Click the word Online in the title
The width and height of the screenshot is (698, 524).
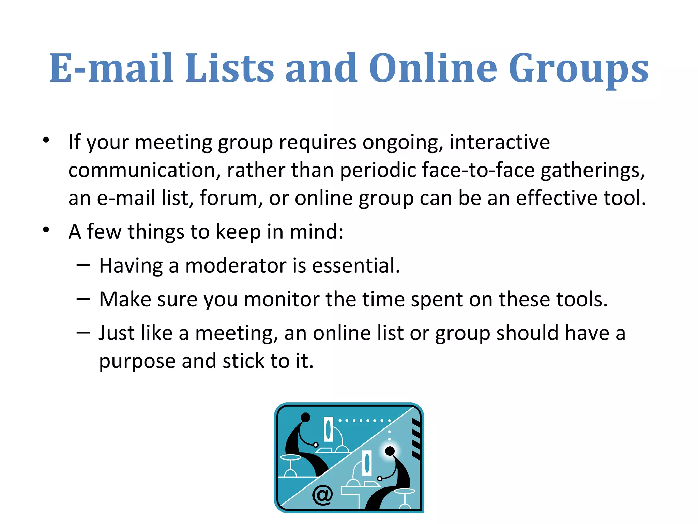click(x=433, y=68)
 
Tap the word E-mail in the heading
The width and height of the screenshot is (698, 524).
click(x=111, y=68)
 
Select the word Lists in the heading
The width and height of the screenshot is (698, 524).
click(x=229, y=68)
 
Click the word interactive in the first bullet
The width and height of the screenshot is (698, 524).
click(x=499, y=142)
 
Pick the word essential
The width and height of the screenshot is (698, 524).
click(x=355, y=266)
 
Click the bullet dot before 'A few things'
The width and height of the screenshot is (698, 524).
click(x=46, y=230)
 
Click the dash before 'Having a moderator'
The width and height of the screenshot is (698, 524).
click(x=83, y=265)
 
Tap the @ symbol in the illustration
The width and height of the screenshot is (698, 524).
click(x=322, y=495)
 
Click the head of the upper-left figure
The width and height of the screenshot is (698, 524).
click(x=305, y=417)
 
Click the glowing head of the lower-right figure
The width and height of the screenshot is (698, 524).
click(x=390, y=451)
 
